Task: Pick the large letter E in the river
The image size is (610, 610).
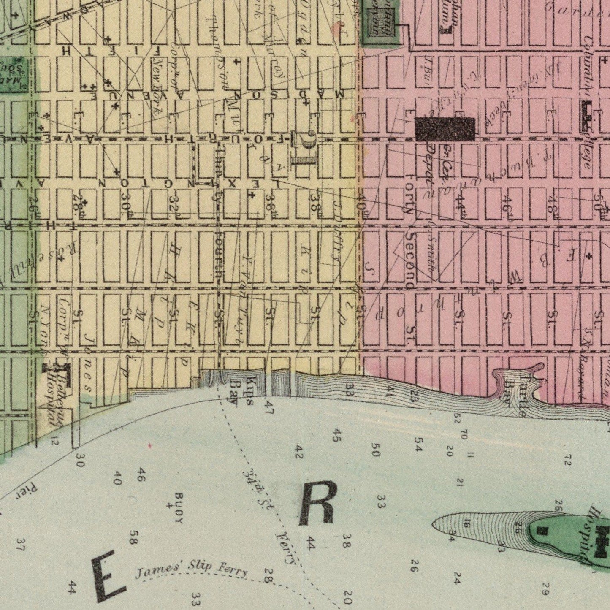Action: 108,577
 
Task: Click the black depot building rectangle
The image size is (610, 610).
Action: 445,129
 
